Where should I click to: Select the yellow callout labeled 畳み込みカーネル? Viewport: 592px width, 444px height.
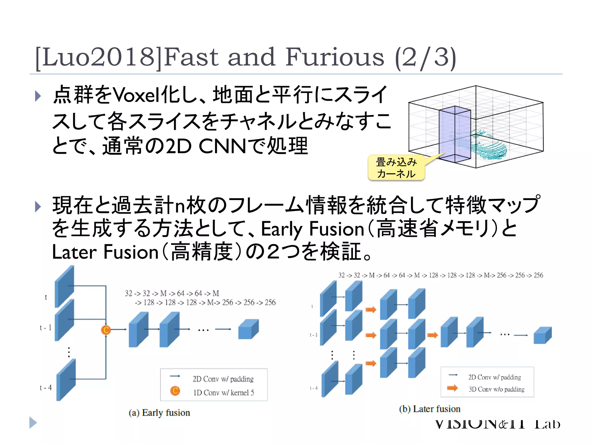396,168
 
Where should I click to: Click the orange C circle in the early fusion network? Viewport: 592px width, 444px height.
106,330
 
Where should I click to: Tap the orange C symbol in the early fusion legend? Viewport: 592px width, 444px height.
175,391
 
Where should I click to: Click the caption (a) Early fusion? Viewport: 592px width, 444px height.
159,413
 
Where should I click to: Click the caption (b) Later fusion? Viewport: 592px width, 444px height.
430,409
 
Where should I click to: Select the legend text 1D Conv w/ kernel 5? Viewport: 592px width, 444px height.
223,393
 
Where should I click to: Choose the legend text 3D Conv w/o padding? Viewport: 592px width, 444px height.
496,389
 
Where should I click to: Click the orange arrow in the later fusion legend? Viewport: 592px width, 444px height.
452,388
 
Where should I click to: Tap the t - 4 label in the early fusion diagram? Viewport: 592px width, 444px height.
46,388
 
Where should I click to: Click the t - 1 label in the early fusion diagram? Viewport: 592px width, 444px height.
46,328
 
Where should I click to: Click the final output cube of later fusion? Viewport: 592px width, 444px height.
542,335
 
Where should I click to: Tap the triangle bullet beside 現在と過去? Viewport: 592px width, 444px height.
38,206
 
